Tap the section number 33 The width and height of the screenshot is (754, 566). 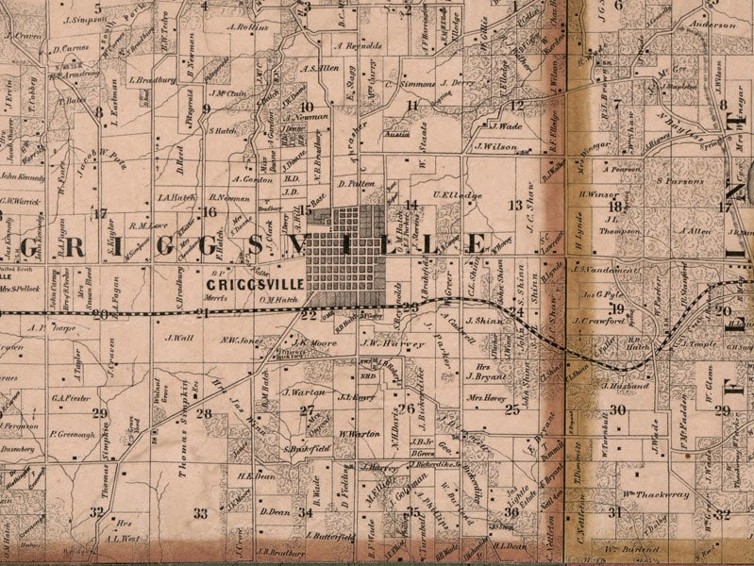coord(200,513)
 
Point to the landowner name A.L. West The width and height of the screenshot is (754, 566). coord(124,539)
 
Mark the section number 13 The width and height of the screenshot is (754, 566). coord(514,205)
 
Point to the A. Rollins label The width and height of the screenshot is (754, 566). coord(248,26)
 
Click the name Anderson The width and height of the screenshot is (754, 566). coord(712,25)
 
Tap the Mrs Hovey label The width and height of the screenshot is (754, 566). coord(488,398)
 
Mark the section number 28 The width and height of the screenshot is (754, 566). coord(204,413)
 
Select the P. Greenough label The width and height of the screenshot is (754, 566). coord(74,435)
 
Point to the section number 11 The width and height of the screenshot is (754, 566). coord(411,106)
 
